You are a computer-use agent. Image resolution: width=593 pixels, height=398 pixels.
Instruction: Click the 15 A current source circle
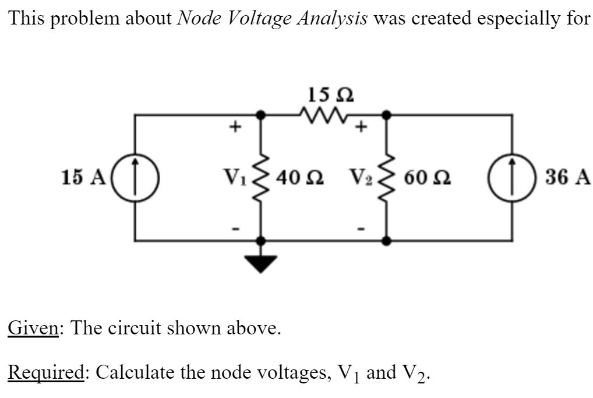135,177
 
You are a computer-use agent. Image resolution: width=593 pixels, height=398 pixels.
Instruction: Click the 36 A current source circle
513,177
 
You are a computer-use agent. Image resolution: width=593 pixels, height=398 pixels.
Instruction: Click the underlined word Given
33,329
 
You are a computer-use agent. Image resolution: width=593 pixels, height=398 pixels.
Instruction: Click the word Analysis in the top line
332,19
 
